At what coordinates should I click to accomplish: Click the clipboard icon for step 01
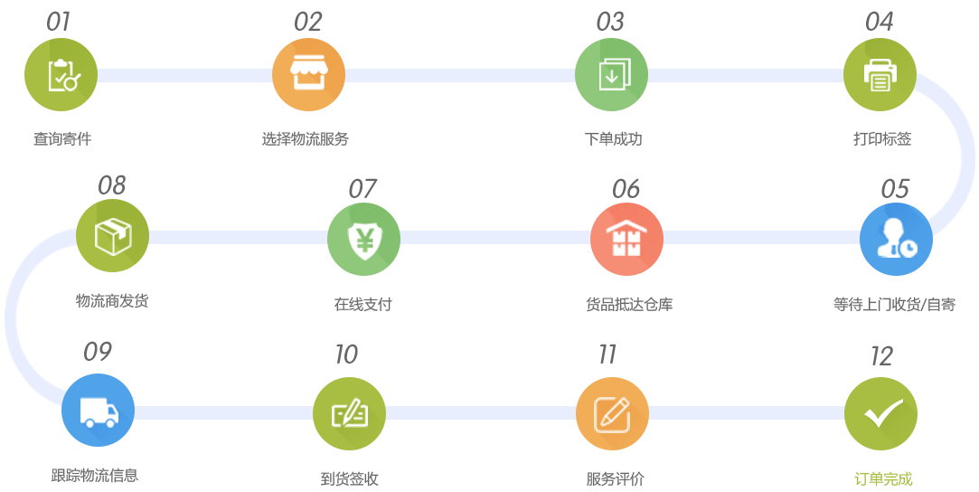pos(61,75)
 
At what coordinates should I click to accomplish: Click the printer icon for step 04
pos(880,75)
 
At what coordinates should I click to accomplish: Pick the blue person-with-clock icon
pos(896,240)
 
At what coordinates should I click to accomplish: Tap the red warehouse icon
pos(626,240)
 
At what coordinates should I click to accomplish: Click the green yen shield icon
pos(362,240)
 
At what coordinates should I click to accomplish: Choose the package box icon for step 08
pos(112,236)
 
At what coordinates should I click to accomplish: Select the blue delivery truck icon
pos(98,411)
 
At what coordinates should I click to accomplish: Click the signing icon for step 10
pos(349,414)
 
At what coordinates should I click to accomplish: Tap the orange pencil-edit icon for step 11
pos(612,414)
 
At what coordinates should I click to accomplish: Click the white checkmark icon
pos(880,414)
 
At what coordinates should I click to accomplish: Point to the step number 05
pos(894,188)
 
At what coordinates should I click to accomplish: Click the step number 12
pos(881,356)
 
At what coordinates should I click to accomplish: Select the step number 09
pos(97,351)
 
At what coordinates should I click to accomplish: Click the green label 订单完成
pos(883,478)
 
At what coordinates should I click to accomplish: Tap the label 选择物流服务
pos(306,139)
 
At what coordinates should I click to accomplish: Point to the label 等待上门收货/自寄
pos(894,305)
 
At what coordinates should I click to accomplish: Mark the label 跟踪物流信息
pos(95,475)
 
